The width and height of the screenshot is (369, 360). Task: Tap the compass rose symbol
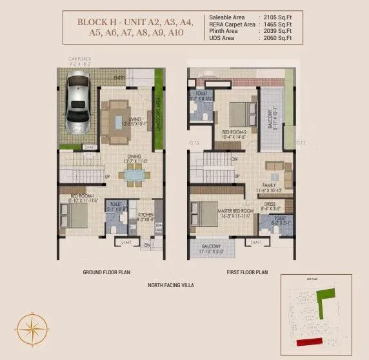click(30, 328)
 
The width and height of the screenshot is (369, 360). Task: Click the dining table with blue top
click(134, 173)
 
